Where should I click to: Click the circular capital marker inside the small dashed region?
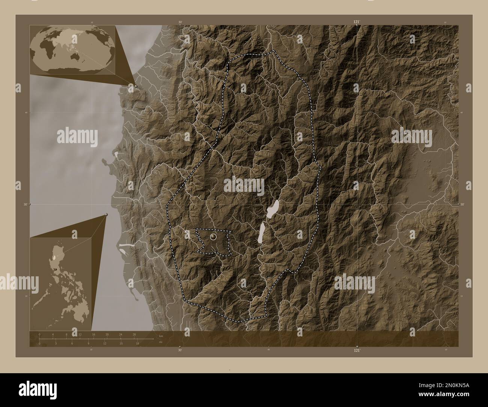(x=213, y=237)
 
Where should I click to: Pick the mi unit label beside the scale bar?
(x=160, y=342)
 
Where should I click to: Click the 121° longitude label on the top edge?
(x=357, y=23)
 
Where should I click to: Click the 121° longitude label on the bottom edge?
(x=357, y=350)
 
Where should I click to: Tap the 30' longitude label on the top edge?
(x=180, y=23)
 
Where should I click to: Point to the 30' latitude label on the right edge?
(x=462, y=204)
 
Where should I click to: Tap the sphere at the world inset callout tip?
(x=136, y=86)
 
